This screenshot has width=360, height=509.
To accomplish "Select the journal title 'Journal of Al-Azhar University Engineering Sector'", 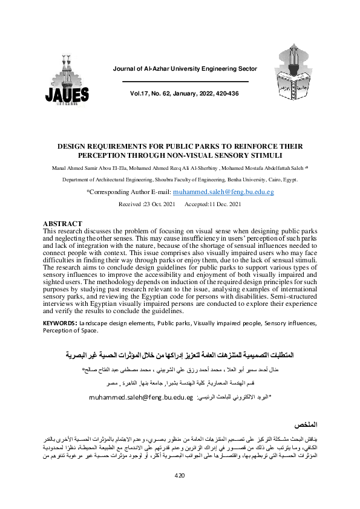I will coord(185,69).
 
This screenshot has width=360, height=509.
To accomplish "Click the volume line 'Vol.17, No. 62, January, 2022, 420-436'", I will coord(185,94).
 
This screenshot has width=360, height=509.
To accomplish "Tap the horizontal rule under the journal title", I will coord(185,82).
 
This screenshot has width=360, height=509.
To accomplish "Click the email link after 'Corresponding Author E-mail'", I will coord(223,191).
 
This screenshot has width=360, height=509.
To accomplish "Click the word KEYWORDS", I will coord(59,324).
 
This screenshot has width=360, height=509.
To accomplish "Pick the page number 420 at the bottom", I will coord(179,493).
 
